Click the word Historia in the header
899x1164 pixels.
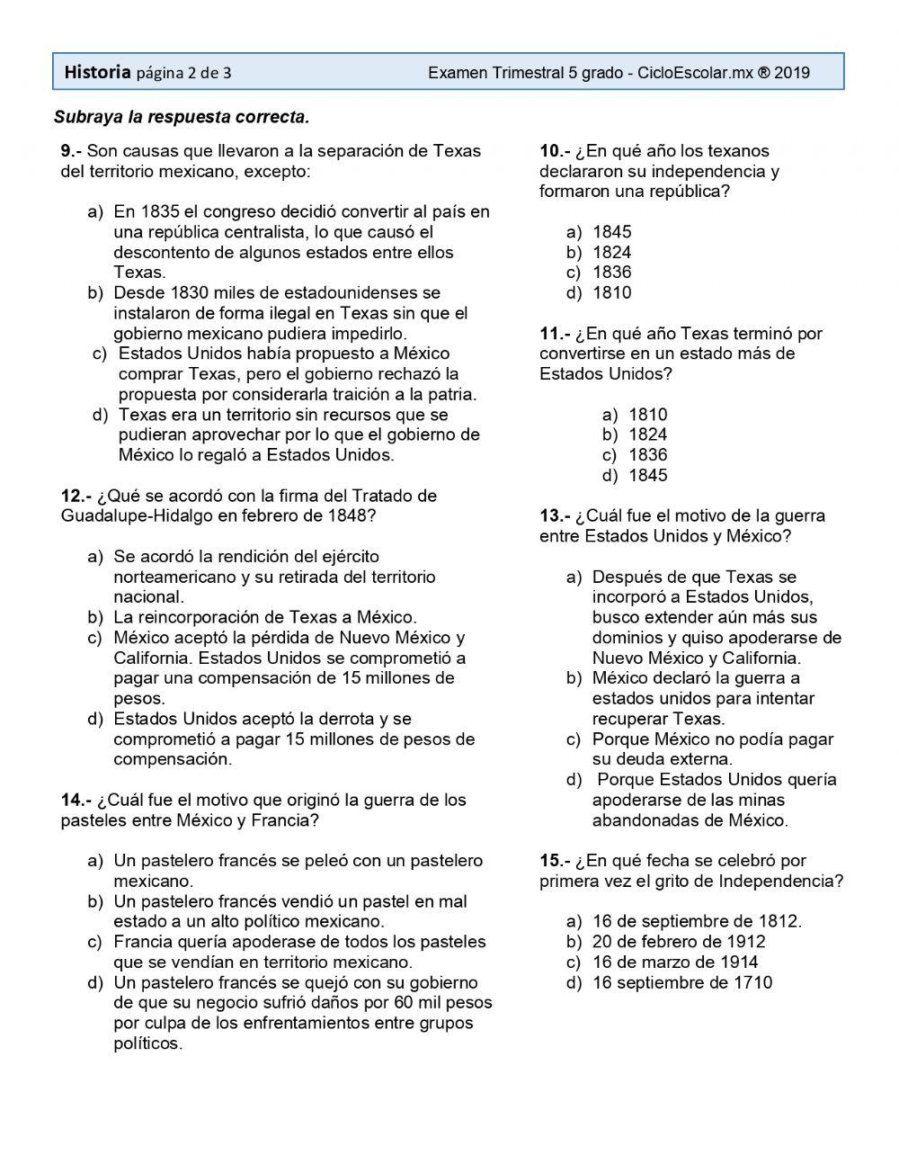[x=98, y=72]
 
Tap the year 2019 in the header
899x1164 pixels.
[x=791, y=73]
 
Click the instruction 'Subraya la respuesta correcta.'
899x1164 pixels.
[x=182, y=116]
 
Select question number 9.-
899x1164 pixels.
[x=72, y=150]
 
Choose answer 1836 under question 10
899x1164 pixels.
[x=612, y=272]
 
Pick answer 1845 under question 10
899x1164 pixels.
[x=612, y=231]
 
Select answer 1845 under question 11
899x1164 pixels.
[x=648, y=475]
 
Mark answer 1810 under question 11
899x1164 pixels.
[x=648, y=415]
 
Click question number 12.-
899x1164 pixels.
[x=76, y=496]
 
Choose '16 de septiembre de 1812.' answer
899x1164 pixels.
[x=697, y=921]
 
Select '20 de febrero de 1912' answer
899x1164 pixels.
[x=679, y=942]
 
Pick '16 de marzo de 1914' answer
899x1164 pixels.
[x=675, y=962]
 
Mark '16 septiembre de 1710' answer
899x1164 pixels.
[x=682, y=982]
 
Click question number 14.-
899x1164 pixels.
[x=76, y=800]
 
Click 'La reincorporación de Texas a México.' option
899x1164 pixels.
[x=265, y=617]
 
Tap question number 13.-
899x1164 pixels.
[x=555, y=515]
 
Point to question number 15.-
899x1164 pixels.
[x=555, y=861]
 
